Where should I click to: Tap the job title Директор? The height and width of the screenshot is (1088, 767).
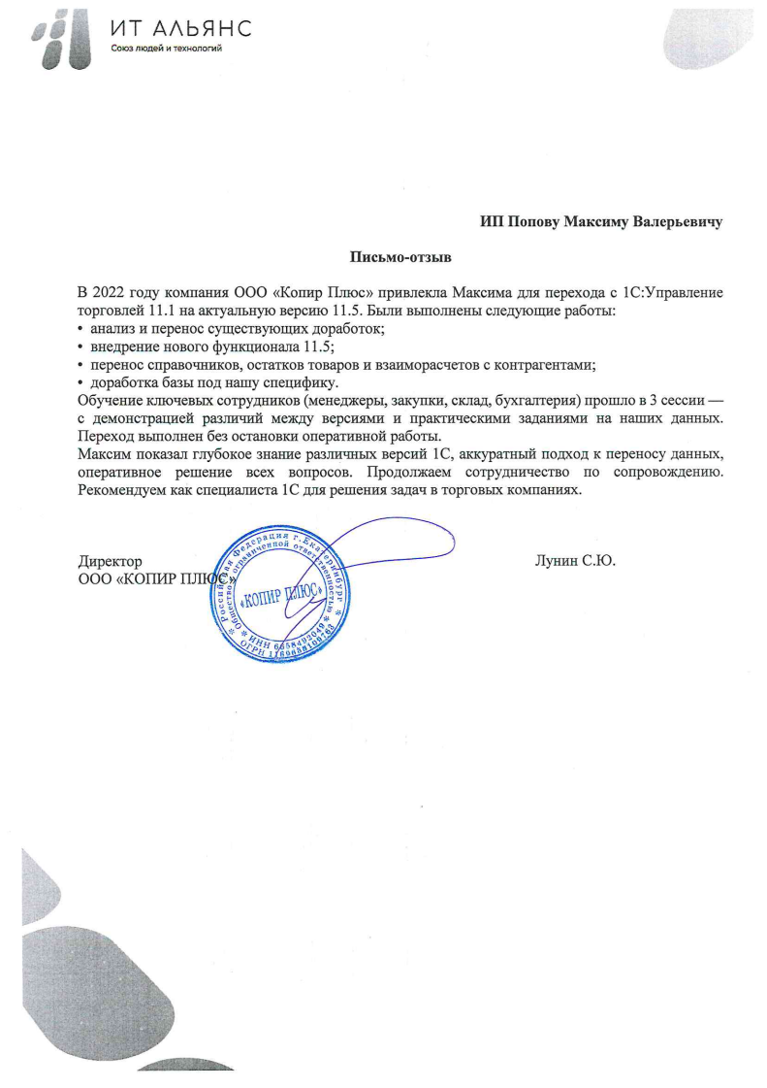click(x=110, y=560)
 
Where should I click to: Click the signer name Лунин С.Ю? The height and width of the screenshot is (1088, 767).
click(x=576, y=560)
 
